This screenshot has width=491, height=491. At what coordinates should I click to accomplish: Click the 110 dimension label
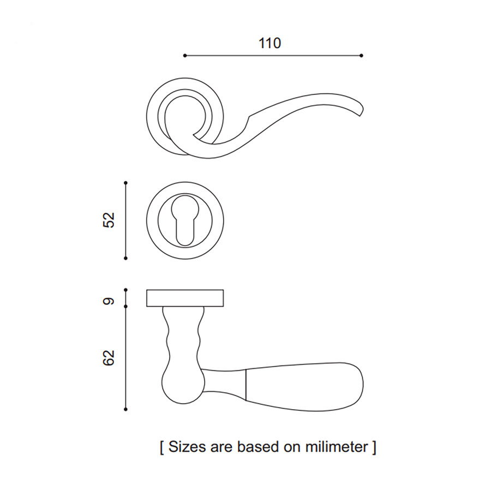coord(270,43)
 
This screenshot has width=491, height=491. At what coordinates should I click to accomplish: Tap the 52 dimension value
coord(109,220)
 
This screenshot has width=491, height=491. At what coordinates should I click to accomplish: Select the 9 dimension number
coord(109,301)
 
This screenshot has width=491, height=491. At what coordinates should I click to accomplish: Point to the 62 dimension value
coord(109,357)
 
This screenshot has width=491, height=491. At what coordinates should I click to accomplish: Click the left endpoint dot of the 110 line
coord(185,56)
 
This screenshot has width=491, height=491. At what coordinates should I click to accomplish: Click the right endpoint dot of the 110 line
coord(361,56)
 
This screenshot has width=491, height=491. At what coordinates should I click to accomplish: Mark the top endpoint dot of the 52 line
coord(125,182)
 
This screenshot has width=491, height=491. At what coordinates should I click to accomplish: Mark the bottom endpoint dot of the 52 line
coord(125,258)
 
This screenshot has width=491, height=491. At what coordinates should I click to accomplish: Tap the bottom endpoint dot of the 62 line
coord(125,409)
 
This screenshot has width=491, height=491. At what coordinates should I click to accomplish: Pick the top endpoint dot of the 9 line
coord(125,290)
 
